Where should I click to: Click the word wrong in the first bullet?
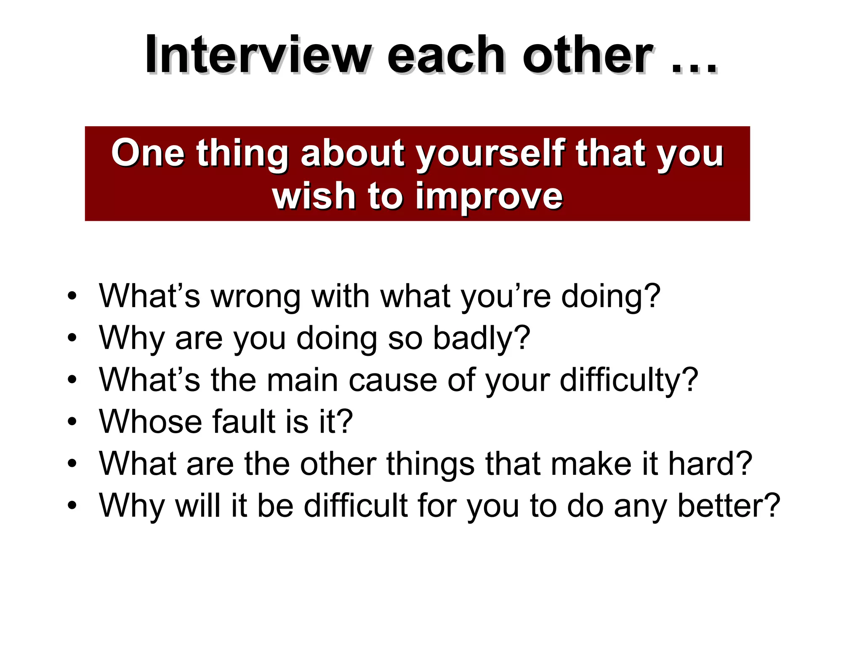[x=255, y=297]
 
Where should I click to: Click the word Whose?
[x=150, y=422]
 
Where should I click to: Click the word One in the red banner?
[x=148, y=153]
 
